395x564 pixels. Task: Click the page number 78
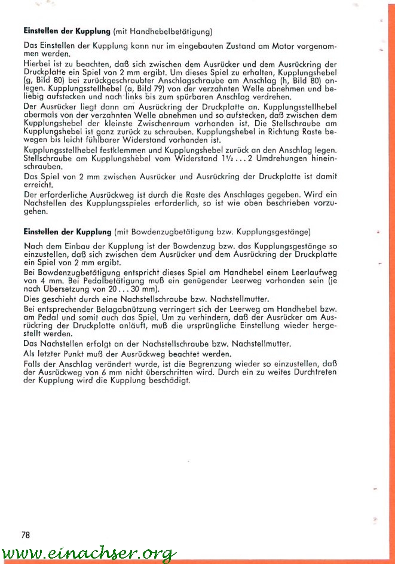point(25,535)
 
